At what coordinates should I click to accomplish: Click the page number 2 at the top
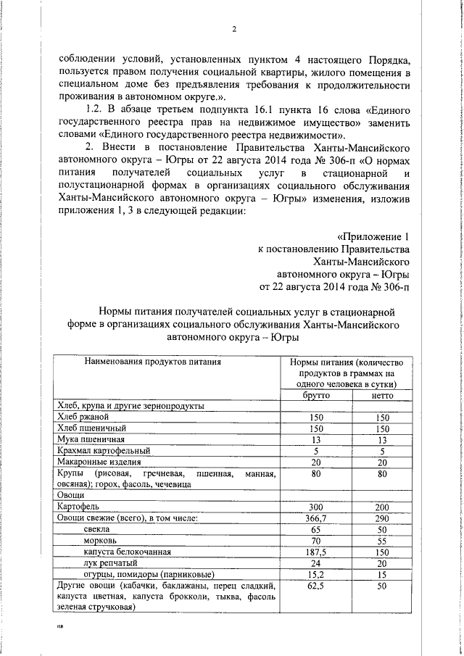235,30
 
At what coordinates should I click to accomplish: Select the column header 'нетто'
383,396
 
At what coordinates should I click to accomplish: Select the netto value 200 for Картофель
383,506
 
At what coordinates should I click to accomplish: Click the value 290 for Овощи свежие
383,518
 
